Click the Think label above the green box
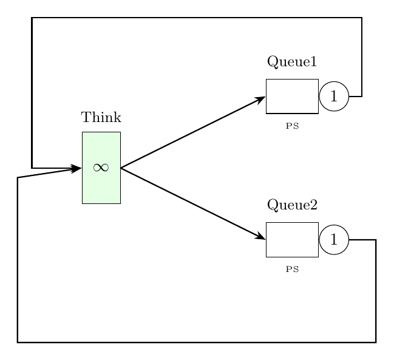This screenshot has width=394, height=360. [101, 117]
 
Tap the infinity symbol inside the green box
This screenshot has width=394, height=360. [101, 168]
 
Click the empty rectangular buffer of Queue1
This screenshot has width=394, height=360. [292, 96]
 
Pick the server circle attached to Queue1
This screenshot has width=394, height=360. [333, 96]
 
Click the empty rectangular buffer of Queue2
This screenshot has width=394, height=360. [292, 239]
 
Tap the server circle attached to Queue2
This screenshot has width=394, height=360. [333, 239]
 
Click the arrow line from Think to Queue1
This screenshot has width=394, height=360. [193, 132]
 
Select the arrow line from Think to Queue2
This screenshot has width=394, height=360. [193, 203]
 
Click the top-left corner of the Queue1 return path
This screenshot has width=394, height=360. [32, 18]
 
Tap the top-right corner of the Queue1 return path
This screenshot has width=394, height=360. [362, 18]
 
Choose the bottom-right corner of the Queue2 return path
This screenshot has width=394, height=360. [376, 342]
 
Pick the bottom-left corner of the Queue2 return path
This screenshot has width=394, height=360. [18, 342]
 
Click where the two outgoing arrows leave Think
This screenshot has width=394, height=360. [121, 168]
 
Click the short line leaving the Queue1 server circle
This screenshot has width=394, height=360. [355, 96]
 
